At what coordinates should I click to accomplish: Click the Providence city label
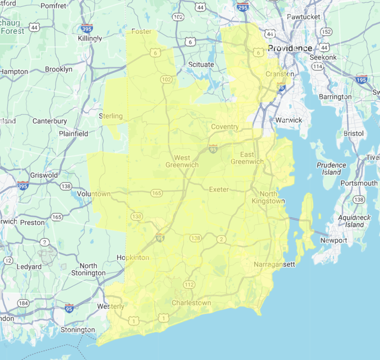tap(290, 48)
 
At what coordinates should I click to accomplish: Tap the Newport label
tap(334, 240)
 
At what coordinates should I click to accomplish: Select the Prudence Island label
tap(331, 168)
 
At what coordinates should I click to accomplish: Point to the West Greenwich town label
tap(182, 161)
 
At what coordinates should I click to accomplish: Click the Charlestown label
tap(191, 303)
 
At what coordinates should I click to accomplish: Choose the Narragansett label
tap(274, 264)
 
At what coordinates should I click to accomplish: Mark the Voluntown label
tap(94, 194)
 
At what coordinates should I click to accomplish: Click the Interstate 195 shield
tap(361, 79)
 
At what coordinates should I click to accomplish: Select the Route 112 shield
tap(189, 285)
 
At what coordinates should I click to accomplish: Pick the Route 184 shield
tap(23, 303)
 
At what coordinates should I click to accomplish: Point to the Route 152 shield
tap(326, 32)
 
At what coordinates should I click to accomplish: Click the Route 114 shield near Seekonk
tap(317, 66)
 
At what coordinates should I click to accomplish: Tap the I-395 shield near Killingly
tap(87, 28)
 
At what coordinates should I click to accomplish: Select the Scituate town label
tap(201, 64)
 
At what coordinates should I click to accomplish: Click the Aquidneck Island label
tap(354, 221)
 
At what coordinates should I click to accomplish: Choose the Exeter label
tap(219, 189)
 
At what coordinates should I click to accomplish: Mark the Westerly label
tap(111, 306)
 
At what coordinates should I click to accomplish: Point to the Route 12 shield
tap(8, 261)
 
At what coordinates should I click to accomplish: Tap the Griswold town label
tap(44, 175)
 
